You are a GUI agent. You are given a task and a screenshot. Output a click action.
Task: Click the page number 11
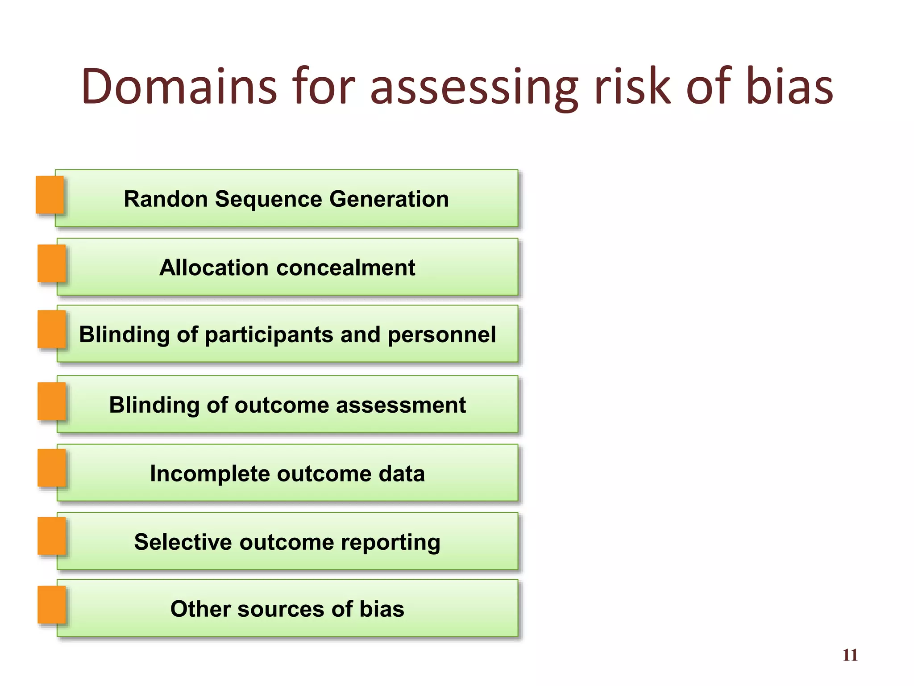tap(850, 655)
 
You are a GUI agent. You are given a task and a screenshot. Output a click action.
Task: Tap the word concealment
tap(346, 268)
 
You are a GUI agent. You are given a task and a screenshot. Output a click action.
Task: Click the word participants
tap(269, 335)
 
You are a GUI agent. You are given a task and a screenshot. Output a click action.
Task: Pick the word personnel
tap(442, 335)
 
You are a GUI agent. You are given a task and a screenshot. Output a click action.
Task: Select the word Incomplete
tap(209, 474)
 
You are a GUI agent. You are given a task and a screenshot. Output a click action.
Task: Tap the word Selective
tap(183, 542)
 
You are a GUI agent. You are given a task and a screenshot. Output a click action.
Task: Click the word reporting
tap(391, 542)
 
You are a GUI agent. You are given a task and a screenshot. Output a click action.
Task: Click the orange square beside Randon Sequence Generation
tap(50, 195)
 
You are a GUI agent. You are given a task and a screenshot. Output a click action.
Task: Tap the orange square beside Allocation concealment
tap(51, 264)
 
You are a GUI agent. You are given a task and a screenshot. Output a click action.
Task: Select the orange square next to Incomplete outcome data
tap(51, 468)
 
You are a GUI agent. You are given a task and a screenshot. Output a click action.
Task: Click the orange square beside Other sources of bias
tap(51, 605)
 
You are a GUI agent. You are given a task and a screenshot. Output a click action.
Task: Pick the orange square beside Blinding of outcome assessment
tap(51, 401)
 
